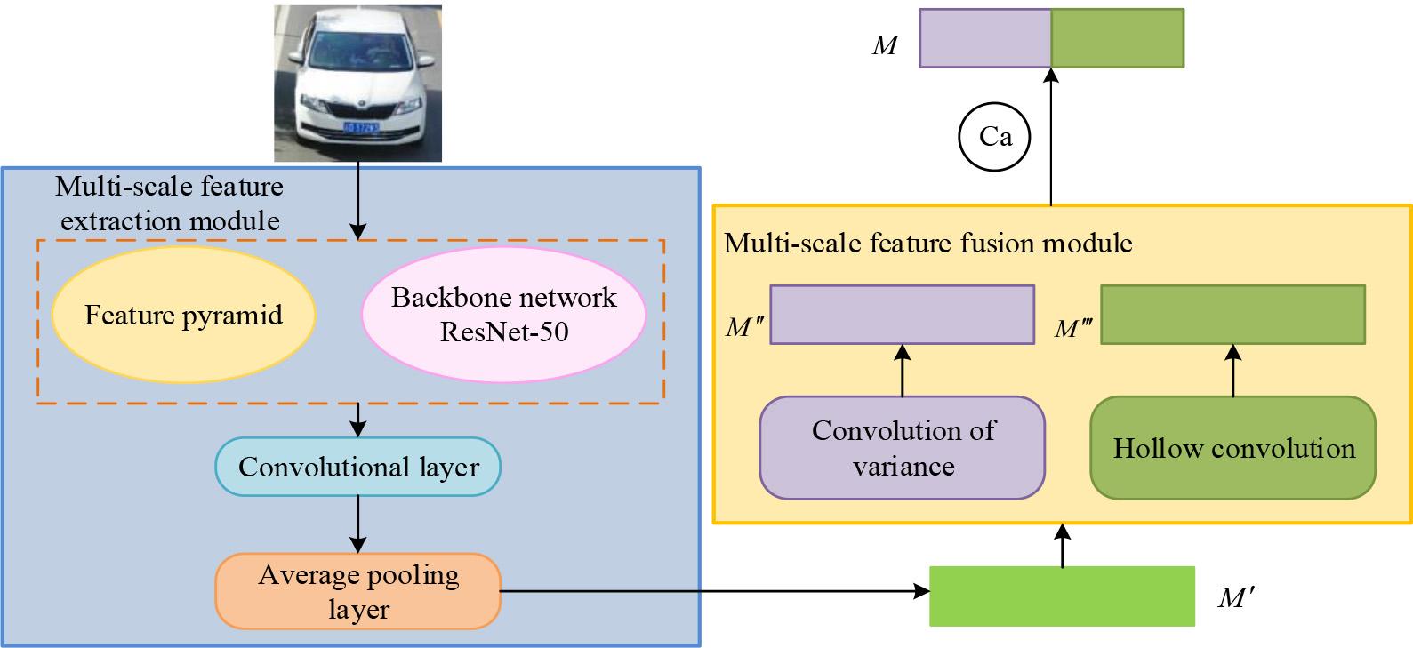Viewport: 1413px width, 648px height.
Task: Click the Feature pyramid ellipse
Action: click(184, 315)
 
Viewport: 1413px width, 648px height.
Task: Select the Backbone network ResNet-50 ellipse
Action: click(503, 315)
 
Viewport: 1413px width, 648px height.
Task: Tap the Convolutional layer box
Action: click(358, 467)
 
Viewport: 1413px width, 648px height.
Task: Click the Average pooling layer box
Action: click(358, 591)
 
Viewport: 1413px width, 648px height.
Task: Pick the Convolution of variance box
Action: click(902, 448)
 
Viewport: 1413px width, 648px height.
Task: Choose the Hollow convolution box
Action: click(1232, 448)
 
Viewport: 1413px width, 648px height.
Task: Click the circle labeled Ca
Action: click(994, 137)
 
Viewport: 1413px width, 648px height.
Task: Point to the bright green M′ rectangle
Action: click(1062, 596)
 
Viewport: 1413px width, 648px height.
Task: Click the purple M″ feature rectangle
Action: click(902, 315)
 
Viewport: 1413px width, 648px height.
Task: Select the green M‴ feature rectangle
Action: click(1232, 315)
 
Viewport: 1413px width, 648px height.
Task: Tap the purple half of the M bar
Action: click(985, 38)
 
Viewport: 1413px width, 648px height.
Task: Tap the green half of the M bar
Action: click(1118, 38)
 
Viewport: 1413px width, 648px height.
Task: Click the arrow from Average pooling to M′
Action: click(711, 590)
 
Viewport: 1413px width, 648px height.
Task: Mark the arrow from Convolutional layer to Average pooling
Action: click(357, 524)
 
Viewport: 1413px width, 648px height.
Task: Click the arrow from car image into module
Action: click(357, 200)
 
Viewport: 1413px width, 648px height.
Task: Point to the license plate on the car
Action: click(361, 127)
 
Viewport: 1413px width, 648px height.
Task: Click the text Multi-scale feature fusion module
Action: click(928, 243)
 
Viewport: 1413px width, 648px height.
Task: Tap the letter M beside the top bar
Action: click(885, 45)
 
